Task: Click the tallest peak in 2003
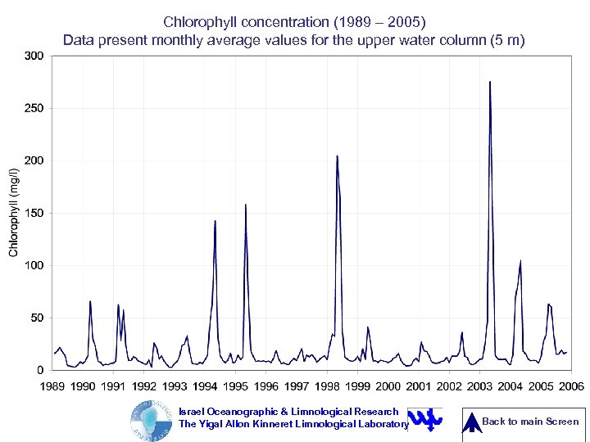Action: tap(490, 82)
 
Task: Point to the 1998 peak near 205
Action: tap(337, 156)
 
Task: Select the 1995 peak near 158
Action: tap(246, 205)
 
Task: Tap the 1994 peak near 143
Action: tap(216, 221)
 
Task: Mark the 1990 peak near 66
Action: tap(90, 301)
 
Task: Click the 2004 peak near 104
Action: tap(520, 261)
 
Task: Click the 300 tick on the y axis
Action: tap(34, 56)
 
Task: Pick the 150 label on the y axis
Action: tap(34, 213)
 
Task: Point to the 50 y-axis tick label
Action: tap(38, 318)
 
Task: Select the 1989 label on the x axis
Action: tap(53, 386)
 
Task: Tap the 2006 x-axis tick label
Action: tap(571, 386)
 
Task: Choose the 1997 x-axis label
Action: tap(296, 386)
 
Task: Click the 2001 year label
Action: tap(418, 386)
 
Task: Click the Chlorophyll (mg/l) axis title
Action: tap(14, 213)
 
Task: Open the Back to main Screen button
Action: tap(524, 422)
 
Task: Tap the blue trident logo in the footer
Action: tap(424, 419)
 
